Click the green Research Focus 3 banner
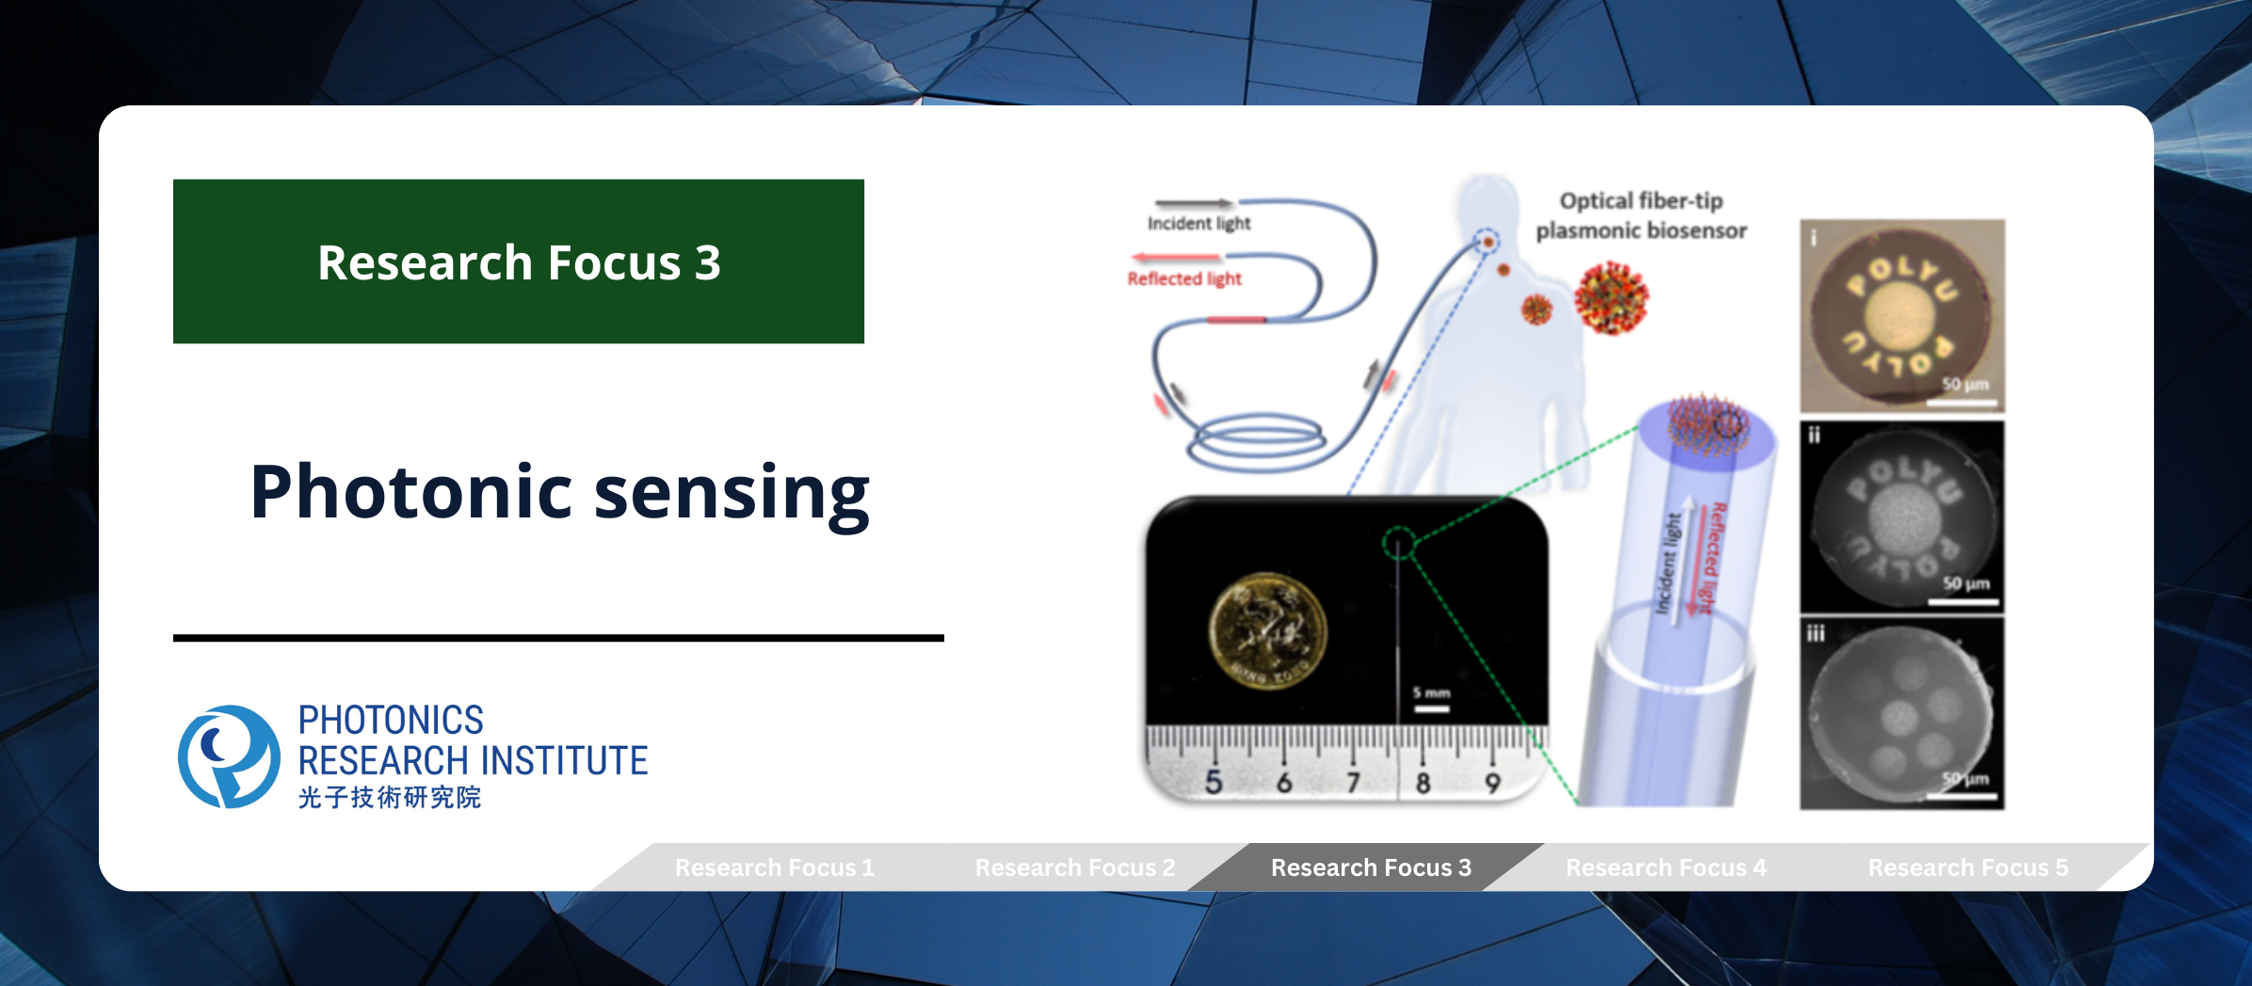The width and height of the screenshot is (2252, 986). tap(518, 262)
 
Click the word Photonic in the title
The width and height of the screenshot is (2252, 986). tap(411, 492)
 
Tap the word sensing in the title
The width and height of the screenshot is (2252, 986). tap(732, 492)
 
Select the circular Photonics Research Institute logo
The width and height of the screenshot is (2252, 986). tap(229, 756)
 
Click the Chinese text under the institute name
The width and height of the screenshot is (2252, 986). tap(389, 798)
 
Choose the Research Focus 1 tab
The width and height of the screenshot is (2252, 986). tap(774, 867)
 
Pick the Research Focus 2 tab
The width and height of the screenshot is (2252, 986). tap(1074, 867)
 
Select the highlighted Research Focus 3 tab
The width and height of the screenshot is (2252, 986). tap(1371, 867)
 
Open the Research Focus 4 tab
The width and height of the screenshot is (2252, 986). tap(1665, 867)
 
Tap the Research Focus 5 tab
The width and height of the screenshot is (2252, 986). tap(1968, 867)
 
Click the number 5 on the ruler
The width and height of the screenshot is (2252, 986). tap(1214, 782)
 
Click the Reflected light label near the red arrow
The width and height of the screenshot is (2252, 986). tap(1184, 278)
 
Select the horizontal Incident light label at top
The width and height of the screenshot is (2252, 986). tap(1198, 223)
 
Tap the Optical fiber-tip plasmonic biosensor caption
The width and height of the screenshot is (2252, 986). tap(1641, 215)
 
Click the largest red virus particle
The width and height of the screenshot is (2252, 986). tap(1611, 298)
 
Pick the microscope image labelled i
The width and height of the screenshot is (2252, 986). tap(1902, 316)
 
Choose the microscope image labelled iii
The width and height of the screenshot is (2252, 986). tap(1902, 713)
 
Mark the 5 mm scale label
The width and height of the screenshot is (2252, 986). tap(1431, 693)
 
